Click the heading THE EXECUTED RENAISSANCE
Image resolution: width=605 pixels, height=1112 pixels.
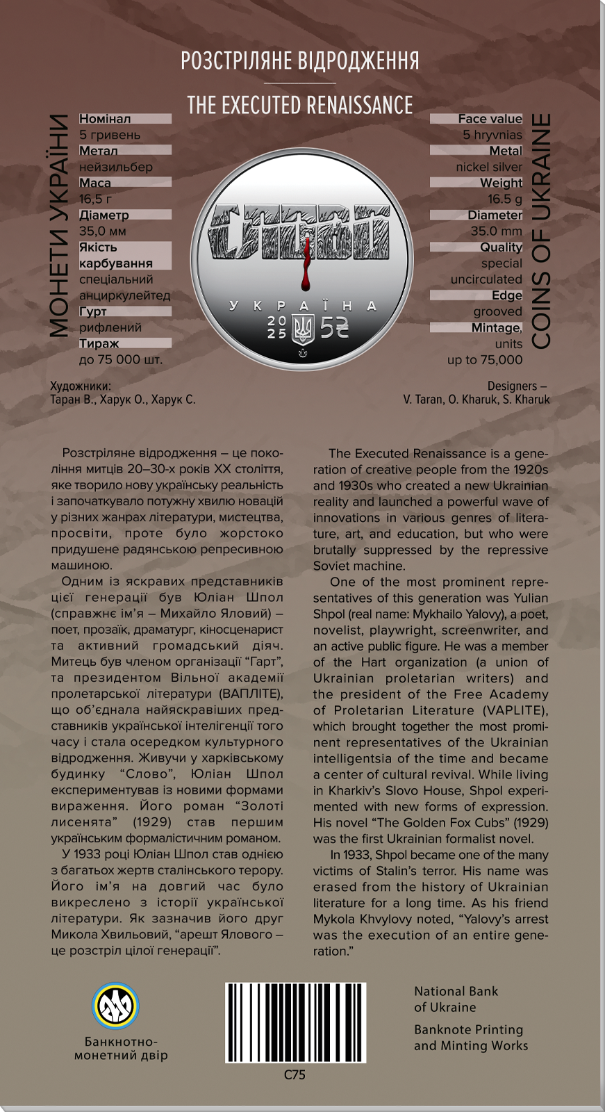click(299, 105)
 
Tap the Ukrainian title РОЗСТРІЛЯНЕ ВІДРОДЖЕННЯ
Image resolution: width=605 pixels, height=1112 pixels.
click(299, 61)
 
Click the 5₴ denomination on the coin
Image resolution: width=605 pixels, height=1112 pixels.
click(335, 327)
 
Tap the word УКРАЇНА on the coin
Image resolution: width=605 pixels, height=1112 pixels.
click(303, 305)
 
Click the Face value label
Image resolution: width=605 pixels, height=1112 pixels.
click(490, 119)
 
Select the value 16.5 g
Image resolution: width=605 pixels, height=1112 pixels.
click(504, 199)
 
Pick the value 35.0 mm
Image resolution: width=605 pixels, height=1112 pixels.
click(496, 231)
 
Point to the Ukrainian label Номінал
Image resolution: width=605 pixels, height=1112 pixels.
click(105, 119)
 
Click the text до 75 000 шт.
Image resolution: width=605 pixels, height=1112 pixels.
click(121, 359)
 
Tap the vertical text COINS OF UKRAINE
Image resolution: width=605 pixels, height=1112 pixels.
click(541, 231)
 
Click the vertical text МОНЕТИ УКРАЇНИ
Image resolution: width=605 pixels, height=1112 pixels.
click(60, 226)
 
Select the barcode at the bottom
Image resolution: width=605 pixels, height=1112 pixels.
click(295, 1022)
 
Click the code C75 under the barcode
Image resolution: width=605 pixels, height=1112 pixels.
click(295, 1074)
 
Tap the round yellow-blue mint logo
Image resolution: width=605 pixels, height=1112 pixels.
click(116, 1006)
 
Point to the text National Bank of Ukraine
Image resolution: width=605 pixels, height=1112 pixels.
click(456, 999)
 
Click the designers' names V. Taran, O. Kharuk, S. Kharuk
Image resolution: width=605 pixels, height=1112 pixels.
click(476, 400)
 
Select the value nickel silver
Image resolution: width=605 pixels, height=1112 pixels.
click(489, 167)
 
